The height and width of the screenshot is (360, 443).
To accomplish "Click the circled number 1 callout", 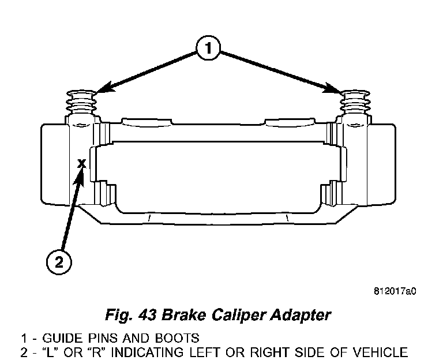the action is click(x=208, y=48).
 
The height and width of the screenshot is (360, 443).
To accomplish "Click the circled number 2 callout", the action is click(x=59, y=262).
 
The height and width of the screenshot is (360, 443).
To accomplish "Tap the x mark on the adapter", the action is click(x=82, y=163).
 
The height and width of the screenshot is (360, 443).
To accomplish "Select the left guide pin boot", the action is click(x=81, y=102).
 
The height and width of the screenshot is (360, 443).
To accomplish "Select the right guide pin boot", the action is click(x=355, y=102).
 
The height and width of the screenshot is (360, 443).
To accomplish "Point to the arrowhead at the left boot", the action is click(x=106, y=88).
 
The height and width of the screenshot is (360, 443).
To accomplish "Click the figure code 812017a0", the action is click(x=395, y=291).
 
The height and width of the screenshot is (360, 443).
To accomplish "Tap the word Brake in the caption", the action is click(x=183, y=314).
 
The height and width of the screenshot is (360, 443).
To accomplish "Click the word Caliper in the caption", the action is click(x=237, y=316).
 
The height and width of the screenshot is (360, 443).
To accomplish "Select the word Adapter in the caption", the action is click(x=300, y=316).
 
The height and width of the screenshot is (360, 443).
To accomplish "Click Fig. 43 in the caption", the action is click(x=130, y=315).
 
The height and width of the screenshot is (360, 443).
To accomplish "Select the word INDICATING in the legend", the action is click(x=151, y=352).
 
